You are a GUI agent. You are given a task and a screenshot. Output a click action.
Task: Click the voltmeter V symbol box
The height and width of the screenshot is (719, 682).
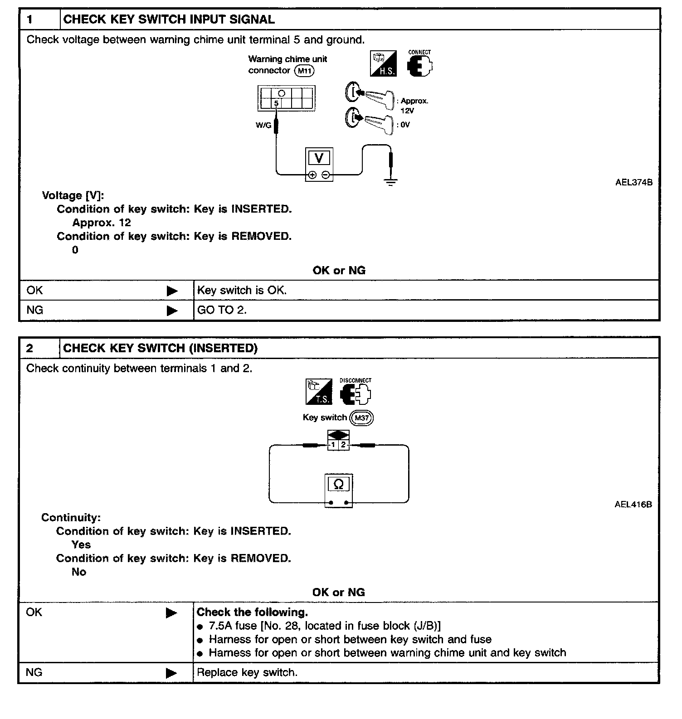pos(319,158)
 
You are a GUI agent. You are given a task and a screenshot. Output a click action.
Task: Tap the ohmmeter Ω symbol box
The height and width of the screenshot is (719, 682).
pos(338,484)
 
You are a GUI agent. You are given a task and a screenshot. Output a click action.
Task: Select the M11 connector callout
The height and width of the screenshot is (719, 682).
pos(304,71)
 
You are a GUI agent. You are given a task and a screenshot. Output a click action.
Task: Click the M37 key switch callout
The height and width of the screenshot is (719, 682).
pos(361,418)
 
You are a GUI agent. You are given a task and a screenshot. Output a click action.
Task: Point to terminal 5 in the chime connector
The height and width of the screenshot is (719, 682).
pos(276,103)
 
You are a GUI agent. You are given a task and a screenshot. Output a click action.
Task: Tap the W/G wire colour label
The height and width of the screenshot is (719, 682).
pos(263,125)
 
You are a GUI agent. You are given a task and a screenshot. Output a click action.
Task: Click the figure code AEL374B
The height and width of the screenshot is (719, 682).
pos(633,183)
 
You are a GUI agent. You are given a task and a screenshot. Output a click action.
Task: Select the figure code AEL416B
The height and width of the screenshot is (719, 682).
pos(633,505)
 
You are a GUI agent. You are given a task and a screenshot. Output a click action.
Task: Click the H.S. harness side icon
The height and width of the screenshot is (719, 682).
pos(383,63)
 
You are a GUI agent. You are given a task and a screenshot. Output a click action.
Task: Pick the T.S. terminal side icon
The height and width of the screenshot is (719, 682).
pos(319,392)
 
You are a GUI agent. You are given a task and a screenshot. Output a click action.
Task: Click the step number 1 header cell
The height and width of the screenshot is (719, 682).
pos(39,19)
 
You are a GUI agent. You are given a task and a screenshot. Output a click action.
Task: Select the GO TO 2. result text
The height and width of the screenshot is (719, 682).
pos(222,310)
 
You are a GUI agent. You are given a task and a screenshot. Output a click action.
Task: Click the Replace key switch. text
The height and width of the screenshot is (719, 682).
pos(247,672)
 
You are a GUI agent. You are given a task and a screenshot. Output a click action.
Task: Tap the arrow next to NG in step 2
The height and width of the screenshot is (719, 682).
pos(171,673)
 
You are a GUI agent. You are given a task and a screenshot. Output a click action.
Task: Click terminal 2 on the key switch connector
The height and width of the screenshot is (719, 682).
pos(343,445)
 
